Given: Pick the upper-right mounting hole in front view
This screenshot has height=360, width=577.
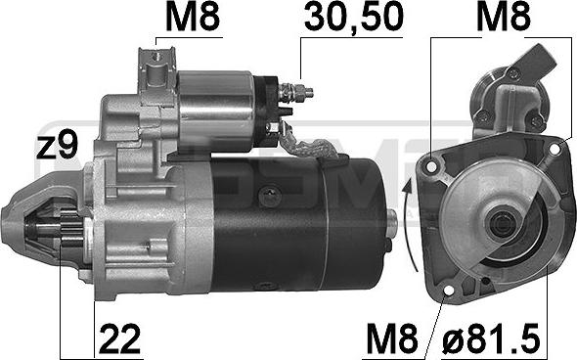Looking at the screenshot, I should coord(555,150).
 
